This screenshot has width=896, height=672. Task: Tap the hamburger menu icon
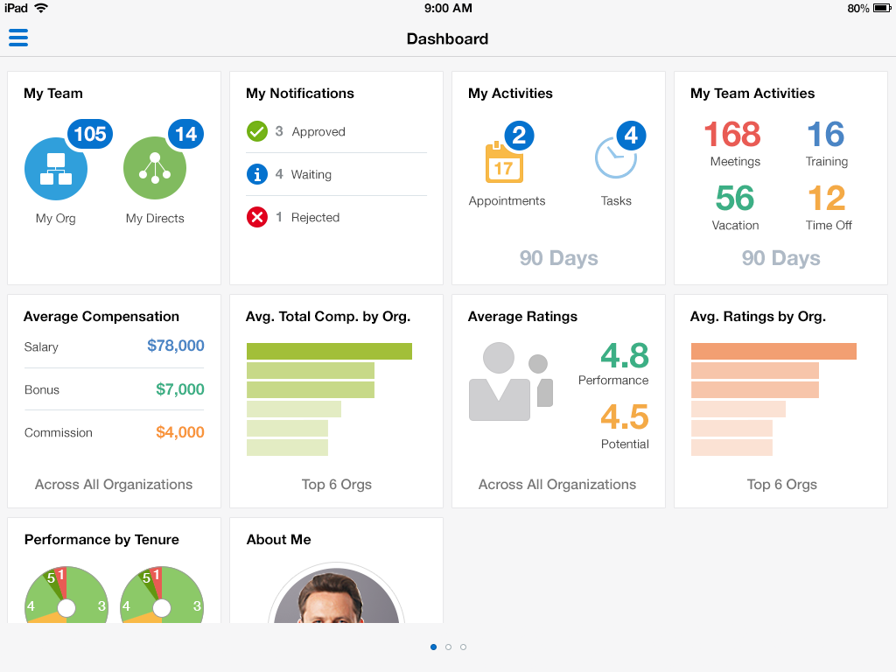18,38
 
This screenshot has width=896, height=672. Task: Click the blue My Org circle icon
55,170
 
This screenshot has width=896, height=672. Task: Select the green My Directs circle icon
155,170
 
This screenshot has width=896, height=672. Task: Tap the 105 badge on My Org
89,134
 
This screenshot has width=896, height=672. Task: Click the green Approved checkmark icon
256,131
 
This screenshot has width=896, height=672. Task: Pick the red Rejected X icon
256,217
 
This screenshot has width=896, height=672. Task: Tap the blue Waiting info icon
256,174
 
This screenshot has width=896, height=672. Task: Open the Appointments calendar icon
503,164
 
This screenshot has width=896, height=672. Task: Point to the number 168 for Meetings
731,135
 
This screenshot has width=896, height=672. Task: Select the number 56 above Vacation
734,199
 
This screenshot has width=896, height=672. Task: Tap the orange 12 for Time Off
826,199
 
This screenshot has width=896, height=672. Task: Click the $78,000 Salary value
175,346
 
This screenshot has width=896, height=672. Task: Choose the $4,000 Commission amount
179,432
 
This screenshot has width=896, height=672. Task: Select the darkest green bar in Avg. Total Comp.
329,351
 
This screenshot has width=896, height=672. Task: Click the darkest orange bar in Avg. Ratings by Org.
773,351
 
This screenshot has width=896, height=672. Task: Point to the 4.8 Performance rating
624,356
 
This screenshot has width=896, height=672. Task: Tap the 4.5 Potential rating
624,417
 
